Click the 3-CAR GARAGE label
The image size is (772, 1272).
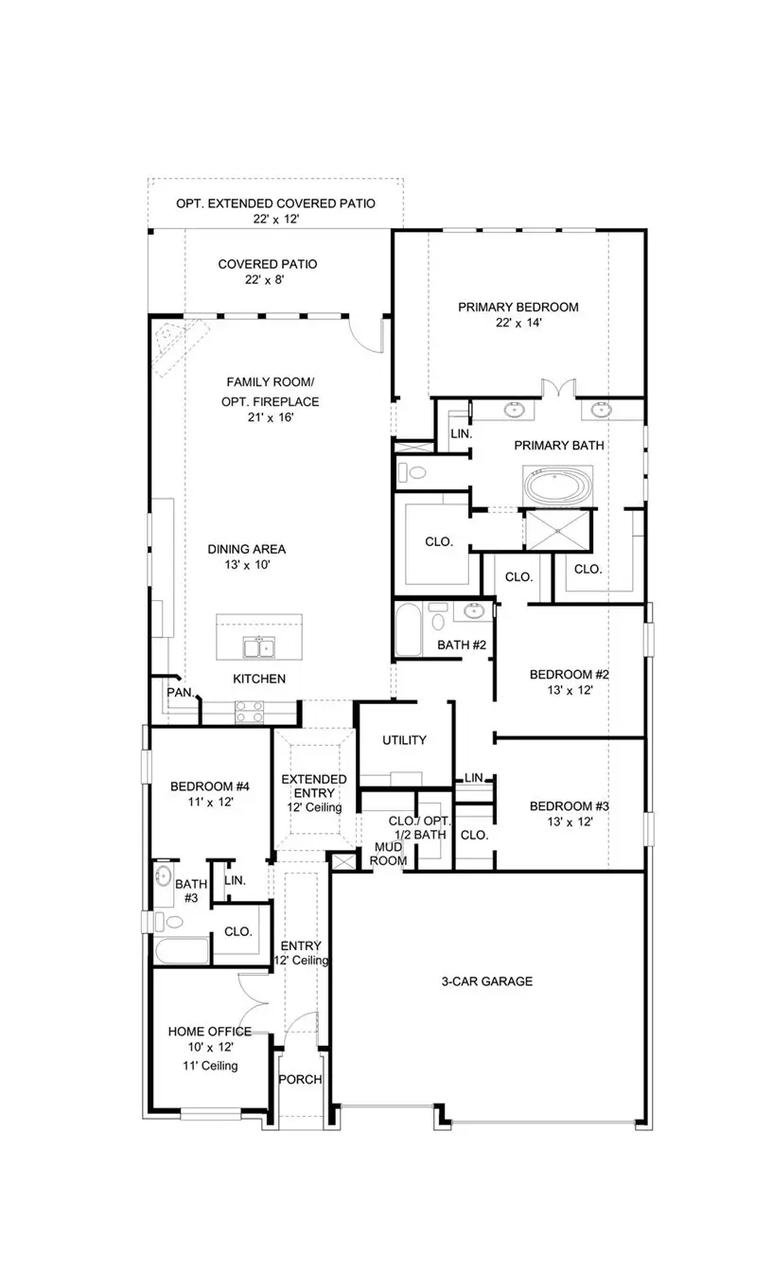486,981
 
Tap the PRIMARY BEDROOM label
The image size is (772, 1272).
518,307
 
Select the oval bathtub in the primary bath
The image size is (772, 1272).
557,486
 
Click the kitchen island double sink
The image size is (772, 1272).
258,647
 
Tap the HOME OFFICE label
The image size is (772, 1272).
209,1031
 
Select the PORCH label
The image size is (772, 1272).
300,1079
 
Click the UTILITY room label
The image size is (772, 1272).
404,740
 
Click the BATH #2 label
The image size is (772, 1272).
461,645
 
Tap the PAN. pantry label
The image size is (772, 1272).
180,693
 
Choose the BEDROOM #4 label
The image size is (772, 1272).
209,786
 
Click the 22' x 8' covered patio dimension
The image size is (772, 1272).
267,281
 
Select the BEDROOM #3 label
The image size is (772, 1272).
569,806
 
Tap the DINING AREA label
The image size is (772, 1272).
246,549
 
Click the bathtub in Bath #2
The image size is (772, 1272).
409,629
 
